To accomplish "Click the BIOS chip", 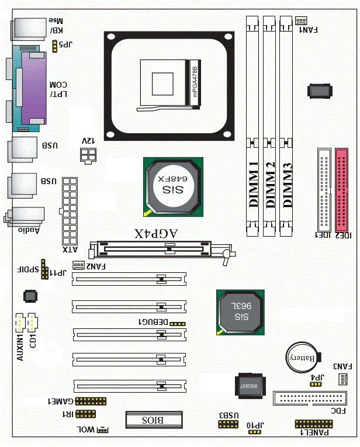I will (154, 420).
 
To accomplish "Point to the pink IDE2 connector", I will (343, 189).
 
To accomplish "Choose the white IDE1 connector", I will (323, 189).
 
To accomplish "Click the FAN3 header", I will (341, 380).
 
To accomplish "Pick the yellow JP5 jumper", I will (55, 44).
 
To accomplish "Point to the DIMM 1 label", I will (253, 184).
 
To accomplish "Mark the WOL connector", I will (102, 429).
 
